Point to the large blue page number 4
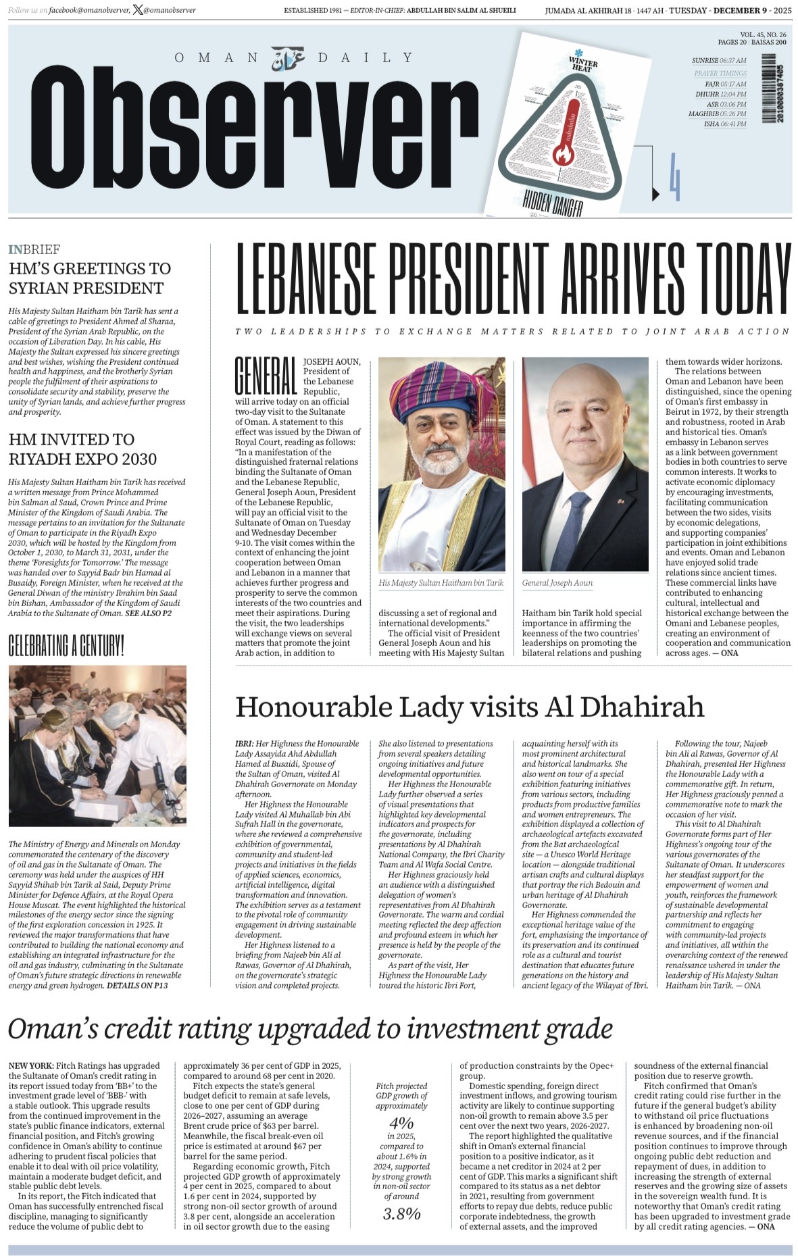[x=674, y=177]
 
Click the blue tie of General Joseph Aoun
[x=579, y=527]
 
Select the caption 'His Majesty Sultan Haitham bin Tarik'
[x=441, y=582]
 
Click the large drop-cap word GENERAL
[x=266, y=376]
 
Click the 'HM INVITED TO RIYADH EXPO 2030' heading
[x=82, y=449]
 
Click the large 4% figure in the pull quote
[x=401, y=1123]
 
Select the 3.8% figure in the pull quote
[x=401, y=1213]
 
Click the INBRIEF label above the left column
[x=34, y=249]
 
